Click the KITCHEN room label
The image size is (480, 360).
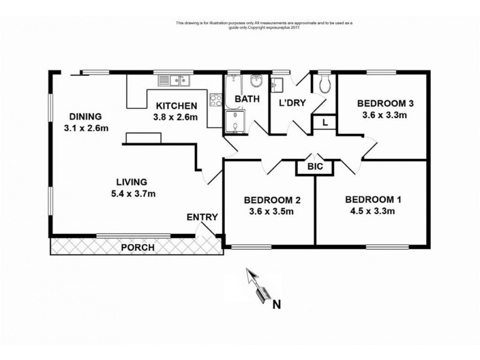176,106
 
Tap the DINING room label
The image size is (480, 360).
85,116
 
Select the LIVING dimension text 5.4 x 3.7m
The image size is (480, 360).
133,194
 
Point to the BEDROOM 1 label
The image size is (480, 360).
373,200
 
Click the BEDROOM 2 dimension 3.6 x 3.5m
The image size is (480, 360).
271,212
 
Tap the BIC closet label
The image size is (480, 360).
315,167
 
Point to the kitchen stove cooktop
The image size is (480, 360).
216,100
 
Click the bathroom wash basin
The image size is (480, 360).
256,81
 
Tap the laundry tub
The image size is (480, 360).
277,85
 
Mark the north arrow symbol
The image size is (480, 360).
258,286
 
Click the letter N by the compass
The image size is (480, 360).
277,305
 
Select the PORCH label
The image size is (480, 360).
138,247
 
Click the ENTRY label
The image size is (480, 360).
202,217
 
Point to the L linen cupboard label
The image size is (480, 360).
325,123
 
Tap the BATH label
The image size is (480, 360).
247,99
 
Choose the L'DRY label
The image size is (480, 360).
292,103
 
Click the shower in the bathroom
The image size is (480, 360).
235,122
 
